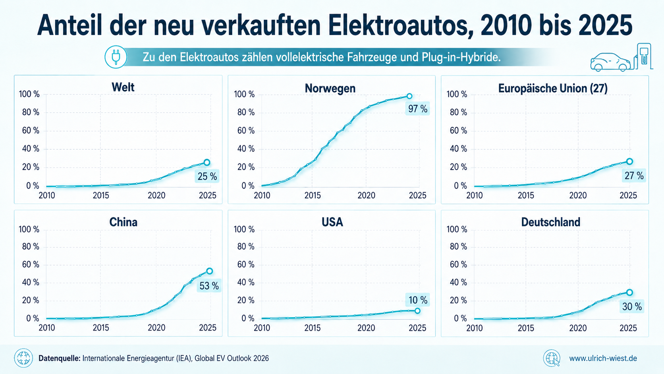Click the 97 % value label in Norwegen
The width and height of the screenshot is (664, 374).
pos(417,109)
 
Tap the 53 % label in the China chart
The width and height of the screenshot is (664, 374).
pos(209,286)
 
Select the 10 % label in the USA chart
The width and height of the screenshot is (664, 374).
pos(418,300)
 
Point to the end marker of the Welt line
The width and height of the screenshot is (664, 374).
pos(207,162)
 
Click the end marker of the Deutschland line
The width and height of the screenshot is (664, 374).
pos(629,292)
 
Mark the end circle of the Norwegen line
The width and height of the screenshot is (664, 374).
pos(409,96)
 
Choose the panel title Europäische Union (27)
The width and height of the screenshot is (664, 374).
pos(553,88)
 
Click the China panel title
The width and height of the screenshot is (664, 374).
pos(124,222)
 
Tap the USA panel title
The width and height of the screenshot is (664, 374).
pos(332,222)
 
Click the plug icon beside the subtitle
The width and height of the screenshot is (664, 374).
pos(116,57)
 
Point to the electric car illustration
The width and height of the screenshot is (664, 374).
pos(610,62)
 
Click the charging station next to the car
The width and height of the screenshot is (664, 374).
pos(643,56)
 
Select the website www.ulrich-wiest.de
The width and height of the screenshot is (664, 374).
pos(603,358)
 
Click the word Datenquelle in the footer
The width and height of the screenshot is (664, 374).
pos(59,358)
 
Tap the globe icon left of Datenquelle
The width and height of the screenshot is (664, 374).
pos(23,358)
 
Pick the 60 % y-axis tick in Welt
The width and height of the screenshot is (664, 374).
pos(31,130)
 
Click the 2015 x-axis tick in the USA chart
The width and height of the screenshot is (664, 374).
pos(313,328)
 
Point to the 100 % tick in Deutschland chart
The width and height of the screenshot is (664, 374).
pos(457,229)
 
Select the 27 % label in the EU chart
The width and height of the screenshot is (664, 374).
pos(634,176)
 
